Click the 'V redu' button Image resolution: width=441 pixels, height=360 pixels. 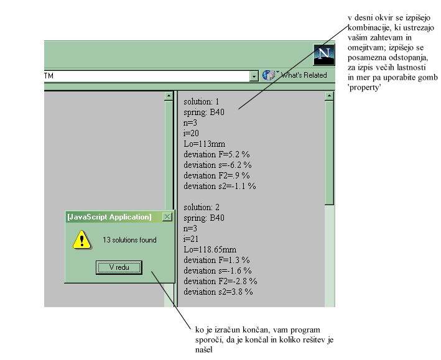(119, 267)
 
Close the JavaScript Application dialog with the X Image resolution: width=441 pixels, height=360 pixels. (167, 217)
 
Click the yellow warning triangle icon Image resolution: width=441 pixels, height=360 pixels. (82, 240)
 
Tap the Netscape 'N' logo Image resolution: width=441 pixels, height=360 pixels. (324, 55)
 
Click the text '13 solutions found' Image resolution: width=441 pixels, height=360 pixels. (129, 240)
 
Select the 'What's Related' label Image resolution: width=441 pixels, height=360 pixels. (304, 75)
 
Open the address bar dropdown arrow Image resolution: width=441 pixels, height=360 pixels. (254, 76)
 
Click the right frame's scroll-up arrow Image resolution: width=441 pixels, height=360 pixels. (329, 96)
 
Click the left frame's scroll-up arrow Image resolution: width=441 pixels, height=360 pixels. (169, 96)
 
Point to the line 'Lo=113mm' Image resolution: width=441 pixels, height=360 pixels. (204, 144)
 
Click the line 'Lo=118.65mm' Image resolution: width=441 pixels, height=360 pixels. (210, 249)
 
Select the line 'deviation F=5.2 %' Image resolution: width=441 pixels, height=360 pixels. (216, 154)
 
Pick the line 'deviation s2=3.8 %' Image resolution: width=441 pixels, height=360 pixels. (218, 292)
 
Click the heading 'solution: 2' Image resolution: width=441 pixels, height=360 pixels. (202, 207)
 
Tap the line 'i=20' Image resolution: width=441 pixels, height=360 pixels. (191, 133)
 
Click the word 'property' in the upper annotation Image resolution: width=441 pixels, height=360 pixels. (364, 88)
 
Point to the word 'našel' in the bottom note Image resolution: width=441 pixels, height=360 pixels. (203, 349)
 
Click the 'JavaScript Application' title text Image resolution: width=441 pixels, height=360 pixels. (109, 217)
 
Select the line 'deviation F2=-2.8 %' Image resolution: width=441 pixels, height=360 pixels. (220, 281)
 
